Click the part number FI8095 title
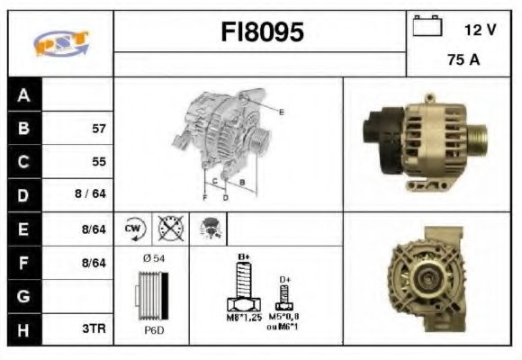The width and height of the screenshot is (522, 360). tap(262, 33)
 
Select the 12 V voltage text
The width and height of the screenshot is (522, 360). tap(480, 30)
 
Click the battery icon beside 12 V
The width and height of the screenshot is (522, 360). tap(425, 27)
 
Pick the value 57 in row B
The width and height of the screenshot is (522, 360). tap(98, 128)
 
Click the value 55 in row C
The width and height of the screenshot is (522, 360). tap(98, 162)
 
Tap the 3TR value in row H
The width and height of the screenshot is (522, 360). tap(94, 329)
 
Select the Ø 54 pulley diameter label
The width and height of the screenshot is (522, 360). tap(152, 258)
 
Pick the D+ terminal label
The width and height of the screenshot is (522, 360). tap(284, 280)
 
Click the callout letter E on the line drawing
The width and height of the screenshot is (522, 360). tap(281, 112)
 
